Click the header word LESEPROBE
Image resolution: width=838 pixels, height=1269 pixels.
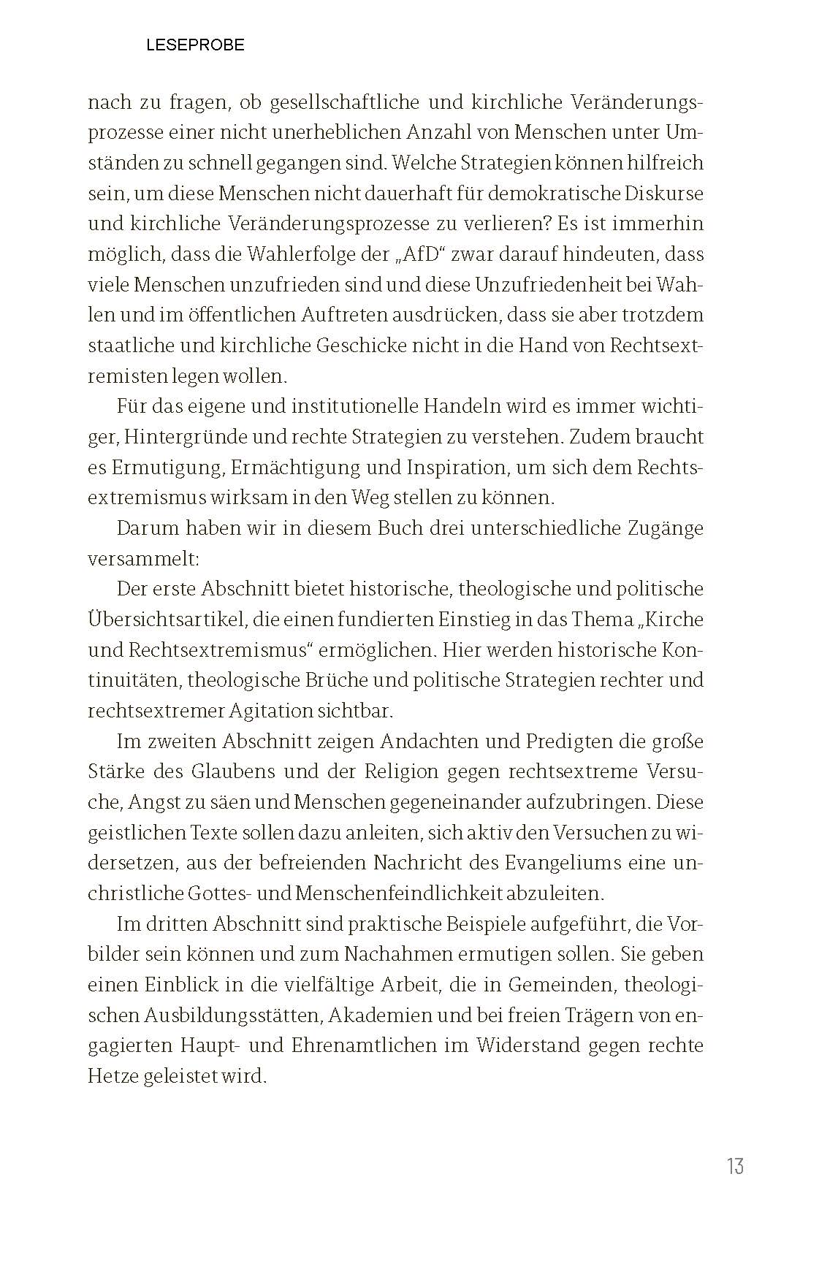(195, 45)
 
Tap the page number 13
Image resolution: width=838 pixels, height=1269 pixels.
(735, 1166)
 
